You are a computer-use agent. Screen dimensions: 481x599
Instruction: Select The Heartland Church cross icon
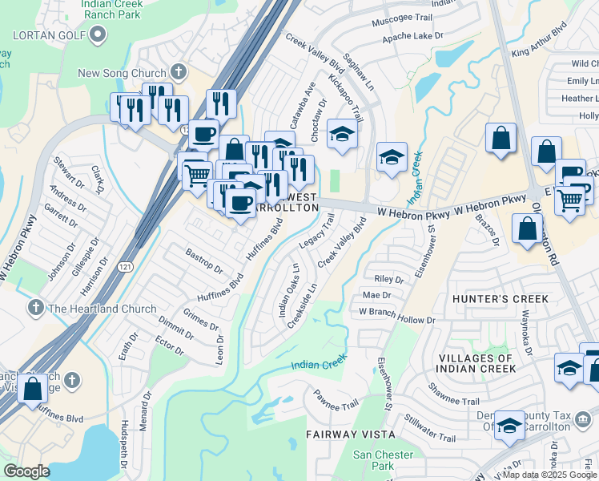34,309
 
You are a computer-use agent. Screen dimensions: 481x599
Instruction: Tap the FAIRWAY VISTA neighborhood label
351,434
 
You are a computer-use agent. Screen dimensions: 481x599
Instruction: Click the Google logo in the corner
26,471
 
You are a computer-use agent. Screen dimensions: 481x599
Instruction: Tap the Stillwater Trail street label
430,428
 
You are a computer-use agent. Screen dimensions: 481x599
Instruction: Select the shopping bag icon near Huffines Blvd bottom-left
33,388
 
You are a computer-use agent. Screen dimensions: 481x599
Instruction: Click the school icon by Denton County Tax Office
509,425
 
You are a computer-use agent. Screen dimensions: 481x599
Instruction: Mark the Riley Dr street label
389,279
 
